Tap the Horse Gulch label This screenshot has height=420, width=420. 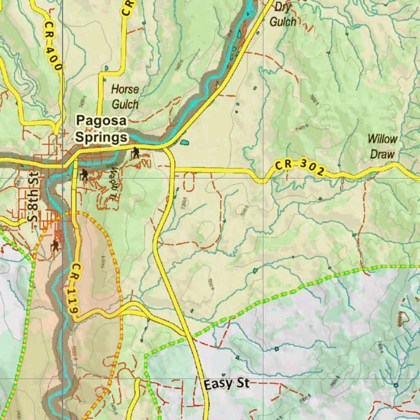coord(125,97)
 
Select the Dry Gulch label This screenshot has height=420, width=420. coord(283,14)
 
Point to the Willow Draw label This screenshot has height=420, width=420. coord(382,146)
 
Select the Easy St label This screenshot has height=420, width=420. coord(226,384)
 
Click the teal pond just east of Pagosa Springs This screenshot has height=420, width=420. coord(184,142)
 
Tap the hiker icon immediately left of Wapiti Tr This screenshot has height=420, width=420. coord(84,175)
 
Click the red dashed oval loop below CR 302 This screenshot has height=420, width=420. coord(189,182)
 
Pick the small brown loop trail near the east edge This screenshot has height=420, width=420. coord(404,316)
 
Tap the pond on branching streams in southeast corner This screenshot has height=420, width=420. coord(395,385)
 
